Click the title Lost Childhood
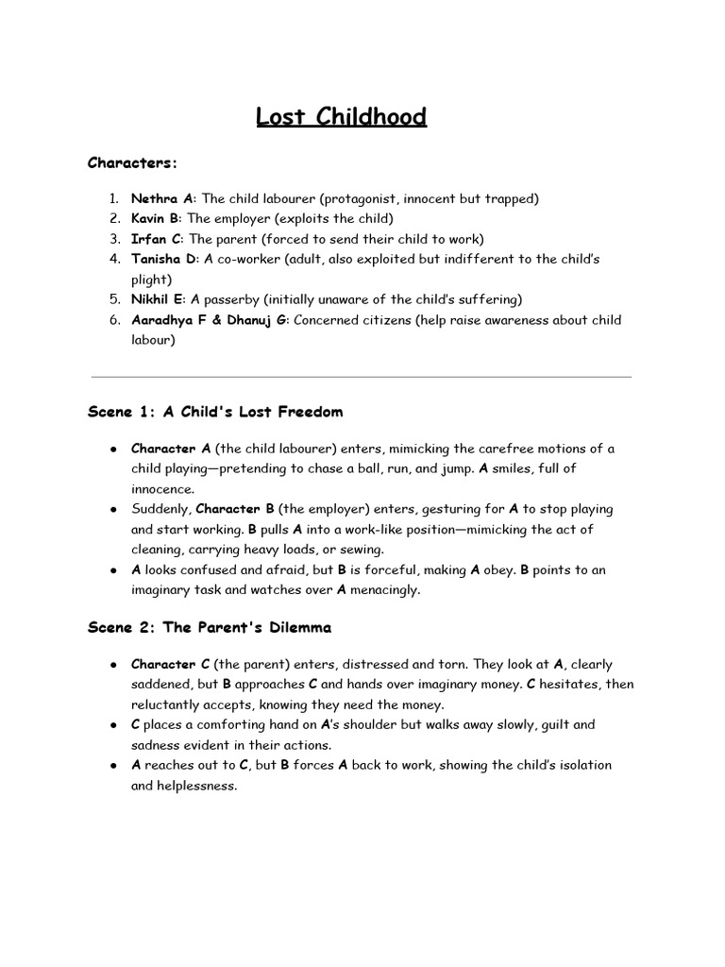[x=341, y=117]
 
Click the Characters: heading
[x=132, y=162]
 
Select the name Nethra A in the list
[x=162, y=198]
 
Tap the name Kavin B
[x=155, y=219]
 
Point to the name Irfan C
[x=155, y=239]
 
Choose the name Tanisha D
[x=164, y=259]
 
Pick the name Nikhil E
[x=158, y=299]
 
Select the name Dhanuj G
[x=253, y=320]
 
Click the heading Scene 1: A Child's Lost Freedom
[x=215, y=412]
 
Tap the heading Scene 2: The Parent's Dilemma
[x=209, y=627]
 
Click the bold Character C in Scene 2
[x=170, y=664]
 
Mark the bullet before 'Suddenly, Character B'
[x=112, y=509]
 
